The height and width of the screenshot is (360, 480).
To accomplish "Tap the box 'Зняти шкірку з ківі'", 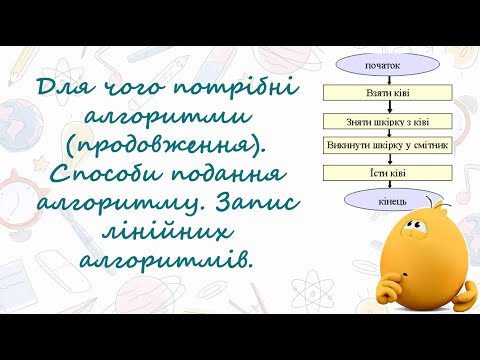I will coord(375,120).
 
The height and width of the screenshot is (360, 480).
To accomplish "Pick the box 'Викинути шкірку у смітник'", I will coord(375,146).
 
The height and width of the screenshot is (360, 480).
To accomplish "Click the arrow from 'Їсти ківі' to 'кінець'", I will coord(375,185).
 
